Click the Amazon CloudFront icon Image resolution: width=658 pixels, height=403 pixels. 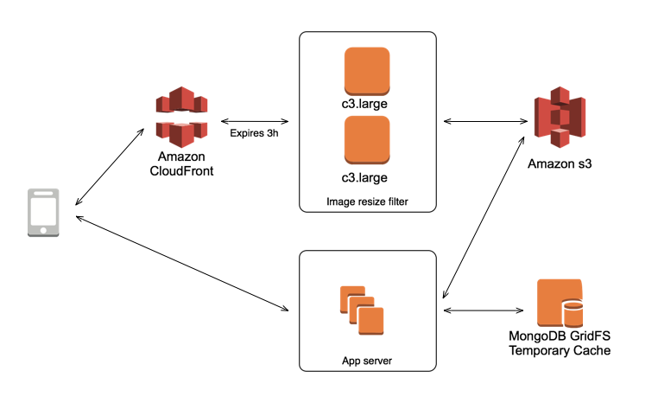click(181, 116)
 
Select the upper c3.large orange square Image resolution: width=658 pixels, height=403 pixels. click(366, 71)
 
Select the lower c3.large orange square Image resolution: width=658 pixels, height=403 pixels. click(366, 139)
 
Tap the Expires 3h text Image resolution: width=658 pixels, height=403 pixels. click(254, 133)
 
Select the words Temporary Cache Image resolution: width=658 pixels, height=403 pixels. click(559, 350)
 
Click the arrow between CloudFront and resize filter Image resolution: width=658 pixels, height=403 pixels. click(254, 120)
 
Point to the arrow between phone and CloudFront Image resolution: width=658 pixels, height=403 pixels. click(108, 166)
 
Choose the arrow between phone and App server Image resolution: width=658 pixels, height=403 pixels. click(181, 263)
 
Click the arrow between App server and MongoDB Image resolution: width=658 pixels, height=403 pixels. click(483, 309)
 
